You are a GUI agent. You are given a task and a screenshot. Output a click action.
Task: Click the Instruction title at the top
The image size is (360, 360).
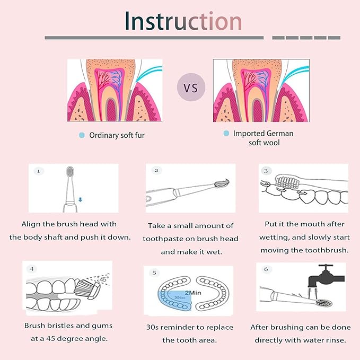(183, 21)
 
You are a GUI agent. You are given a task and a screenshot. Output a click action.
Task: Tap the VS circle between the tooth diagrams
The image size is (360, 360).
(191, 87)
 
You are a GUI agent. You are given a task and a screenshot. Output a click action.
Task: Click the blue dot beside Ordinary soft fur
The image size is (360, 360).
(82, 135)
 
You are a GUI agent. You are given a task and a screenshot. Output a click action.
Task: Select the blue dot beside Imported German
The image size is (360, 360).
(226, 133)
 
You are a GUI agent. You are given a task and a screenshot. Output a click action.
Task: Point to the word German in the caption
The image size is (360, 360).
(280, 134)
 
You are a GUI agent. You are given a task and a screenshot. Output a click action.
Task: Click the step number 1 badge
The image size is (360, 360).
(39, 171)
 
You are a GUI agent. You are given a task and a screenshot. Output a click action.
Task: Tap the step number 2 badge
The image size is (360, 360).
(156, 171)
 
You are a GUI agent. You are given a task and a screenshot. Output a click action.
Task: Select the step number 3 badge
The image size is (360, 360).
(266, 171)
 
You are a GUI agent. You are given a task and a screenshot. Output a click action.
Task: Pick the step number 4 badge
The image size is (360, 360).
(32, 269)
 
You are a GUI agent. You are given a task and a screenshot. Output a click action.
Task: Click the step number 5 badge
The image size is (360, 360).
(154, 273)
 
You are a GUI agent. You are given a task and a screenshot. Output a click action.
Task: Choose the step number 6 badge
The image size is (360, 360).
(266, 269)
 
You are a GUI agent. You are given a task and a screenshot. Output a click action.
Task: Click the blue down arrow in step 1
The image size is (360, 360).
(80, 200)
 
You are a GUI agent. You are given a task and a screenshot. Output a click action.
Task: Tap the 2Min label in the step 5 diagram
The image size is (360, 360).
(193, 293)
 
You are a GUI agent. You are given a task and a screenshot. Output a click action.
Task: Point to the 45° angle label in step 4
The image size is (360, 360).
(104, 279)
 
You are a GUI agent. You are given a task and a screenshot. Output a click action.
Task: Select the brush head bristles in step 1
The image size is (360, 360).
(70, 171)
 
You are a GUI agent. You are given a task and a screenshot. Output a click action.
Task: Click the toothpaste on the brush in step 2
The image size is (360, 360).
(222, 183)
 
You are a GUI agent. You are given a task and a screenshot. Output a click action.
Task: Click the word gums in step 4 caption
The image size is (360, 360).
(102, 326)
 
